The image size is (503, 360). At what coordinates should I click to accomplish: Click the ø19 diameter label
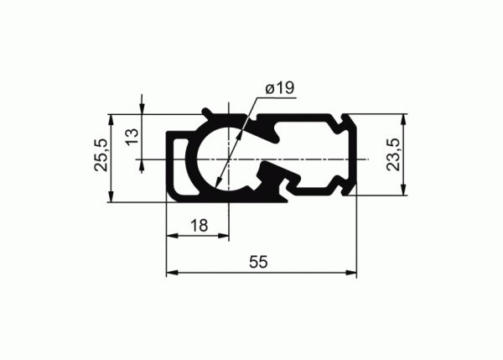[279, 87]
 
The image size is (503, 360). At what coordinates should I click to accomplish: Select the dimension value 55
[258, 262]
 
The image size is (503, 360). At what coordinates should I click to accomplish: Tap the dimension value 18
[199, 226]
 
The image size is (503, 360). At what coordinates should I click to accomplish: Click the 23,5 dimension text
[393, 154]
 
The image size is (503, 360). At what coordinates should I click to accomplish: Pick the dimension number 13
[132, 137]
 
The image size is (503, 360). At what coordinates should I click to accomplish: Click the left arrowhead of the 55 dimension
[172, 273]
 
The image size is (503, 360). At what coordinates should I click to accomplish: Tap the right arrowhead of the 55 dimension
[351, 273]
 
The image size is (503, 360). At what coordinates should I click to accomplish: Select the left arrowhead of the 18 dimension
[172, 236]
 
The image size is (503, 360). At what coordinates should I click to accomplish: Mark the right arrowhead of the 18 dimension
[223, 236]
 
